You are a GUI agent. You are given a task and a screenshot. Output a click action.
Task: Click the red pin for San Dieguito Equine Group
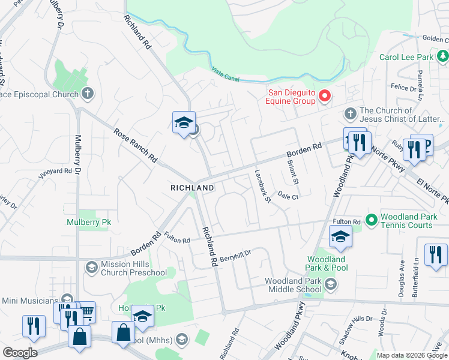(x=325, y=95)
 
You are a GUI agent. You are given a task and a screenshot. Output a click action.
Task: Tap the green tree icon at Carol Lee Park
(x=442, y=57)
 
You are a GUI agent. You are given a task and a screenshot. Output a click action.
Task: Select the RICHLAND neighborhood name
(x=192, y=188)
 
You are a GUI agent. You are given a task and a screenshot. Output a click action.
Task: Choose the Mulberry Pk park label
(x=89, y=222)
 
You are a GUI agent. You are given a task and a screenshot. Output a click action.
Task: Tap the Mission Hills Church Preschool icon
(x=92, y=266)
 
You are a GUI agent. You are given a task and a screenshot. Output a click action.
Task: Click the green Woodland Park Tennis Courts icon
(x=371, y=220)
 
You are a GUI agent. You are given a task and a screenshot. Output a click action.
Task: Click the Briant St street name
(x=293, y=172)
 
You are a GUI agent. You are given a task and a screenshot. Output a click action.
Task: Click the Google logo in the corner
(x=19, y=353)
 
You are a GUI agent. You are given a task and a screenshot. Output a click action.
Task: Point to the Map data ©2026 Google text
(x=412, y=355)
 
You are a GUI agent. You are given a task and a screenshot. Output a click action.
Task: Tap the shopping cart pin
(x=86, y=311)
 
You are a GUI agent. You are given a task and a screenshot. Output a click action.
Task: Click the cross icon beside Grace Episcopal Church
(x=88, y=94)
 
